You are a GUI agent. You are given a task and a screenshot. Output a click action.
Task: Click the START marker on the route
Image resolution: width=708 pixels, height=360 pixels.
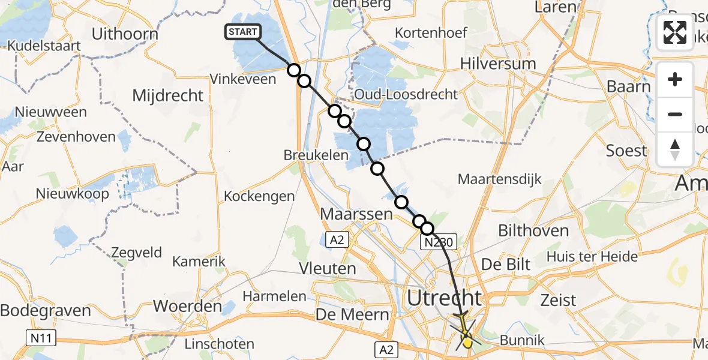coord(242,32)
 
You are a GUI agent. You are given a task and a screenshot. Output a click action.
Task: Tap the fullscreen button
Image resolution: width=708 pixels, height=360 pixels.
coord(675,32)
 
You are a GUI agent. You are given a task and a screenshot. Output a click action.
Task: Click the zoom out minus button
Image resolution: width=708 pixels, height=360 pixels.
coord(675,114)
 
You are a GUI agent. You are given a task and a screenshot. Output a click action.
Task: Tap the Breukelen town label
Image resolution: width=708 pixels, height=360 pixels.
coord(316,155)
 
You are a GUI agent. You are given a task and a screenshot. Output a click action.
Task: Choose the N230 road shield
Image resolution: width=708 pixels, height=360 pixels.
coord(439,242)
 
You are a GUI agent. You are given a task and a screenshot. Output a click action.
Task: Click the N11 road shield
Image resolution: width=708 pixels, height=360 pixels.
coord(41,339)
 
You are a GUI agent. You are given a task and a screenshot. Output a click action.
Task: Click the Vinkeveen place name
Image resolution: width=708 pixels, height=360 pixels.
coord(242,79)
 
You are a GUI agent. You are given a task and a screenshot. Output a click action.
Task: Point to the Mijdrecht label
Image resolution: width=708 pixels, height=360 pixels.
coord(167,95)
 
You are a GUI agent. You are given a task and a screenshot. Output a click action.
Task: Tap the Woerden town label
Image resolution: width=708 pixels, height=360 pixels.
coord(187,306)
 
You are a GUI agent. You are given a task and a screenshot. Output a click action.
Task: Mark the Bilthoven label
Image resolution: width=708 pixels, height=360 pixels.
coord(525,230)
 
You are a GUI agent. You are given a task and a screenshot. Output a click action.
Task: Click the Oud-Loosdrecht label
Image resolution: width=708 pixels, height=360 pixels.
coord(406,94)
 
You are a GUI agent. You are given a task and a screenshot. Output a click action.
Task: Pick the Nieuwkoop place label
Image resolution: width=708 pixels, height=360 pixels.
coord(72,194)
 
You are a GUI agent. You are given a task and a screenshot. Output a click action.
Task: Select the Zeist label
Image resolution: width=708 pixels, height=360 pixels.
coord(558,300)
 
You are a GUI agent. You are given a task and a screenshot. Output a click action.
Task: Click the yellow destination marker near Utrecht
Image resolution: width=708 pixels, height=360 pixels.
coord(467,342)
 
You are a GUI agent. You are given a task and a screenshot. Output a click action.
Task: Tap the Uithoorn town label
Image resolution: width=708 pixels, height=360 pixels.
coord(125,34)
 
